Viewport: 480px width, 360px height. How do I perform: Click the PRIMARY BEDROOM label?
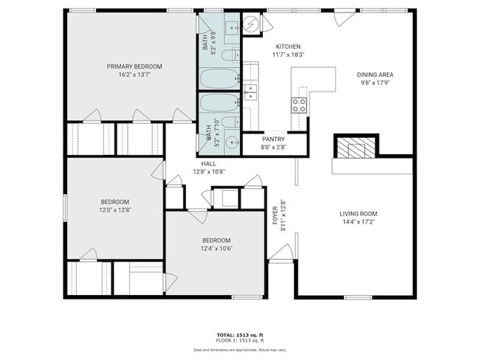pyautogui.click(x=134, y=66)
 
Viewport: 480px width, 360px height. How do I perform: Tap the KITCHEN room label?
pyautogui.click(x=267, y=46)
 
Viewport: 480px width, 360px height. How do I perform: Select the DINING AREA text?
pyautogui.click(x=374, y=75)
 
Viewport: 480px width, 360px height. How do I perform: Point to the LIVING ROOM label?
pyautogui.click(x=358, y=214)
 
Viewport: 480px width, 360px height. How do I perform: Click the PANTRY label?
pyautogui.click(x=273, y=139)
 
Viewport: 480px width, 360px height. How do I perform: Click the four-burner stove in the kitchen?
pyautogui.click(x=299, y=104)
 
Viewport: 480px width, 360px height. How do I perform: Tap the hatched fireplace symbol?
pyautogui.click(x=357, y=147)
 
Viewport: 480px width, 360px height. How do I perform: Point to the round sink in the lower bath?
pyautogui.click(x=233, y=142)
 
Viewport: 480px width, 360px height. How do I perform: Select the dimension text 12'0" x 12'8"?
pyautogui.click(x=114, y=210)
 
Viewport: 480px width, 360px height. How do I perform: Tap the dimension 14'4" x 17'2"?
pyautogui.click(x=358, y=222)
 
